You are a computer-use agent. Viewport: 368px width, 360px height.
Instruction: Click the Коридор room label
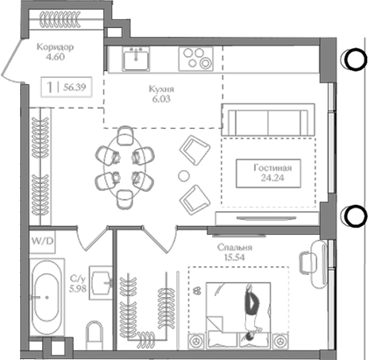tap(55, 46)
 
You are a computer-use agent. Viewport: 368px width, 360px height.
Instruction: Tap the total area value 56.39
tap(74, 87)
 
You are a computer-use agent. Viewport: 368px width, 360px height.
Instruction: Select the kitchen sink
tap(136, 60)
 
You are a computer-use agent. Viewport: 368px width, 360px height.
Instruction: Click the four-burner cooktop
tap(195, 59)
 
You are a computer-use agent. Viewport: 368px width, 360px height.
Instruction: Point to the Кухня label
tap(161, 88)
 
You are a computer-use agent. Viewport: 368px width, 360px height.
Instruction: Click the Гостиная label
tap(272, 168)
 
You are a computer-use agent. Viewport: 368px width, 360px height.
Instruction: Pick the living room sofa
tap(268, 120)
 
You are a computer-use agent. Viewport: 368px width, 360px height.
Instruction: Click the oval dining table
tap(124, 168)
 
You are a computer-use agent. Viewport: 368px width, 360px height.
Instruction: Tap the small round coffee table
tap(184, 175)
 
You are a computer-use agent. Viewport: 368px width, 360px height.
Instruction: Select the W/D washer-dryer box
tap(43, 242)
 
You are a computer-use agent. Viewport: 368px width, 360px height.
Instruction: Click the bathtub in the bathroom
tap(46, 297)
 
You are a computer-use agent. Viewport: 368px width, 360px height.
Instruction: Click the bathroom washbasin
tap(101, 283)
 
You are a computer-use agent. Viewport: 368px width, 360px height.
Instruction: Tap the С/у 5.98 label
tap(78, 283)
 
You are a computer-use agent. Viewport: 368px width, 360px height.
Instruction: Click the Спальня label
tap(235, 248)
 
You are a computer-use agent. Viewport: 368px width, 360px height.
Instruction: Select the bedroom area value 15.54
tap(235, 258)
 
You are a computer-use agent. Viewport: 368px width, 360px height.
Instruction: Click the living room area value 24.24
tap(272, 178)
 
